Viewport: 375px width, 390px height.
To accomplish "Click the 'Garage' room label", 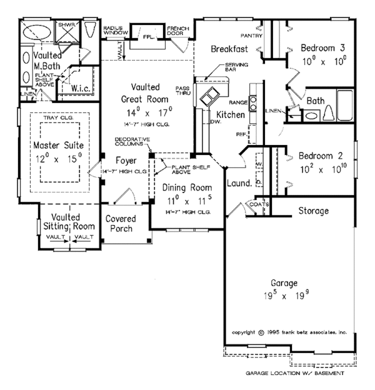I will (288, 282).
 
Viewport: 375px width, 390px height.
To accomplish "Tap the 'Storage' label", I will (313, 211).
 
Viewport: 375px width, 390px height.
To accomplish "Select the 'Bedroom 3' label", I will (322, 47).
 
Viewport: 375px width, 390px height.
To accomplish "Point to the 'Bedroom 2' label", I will (320, 156).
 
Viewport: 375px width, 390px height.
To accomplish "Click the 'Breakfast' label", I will (229, 49).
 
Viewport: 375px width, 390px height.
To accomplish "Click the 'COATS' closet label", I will (259, 203).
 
